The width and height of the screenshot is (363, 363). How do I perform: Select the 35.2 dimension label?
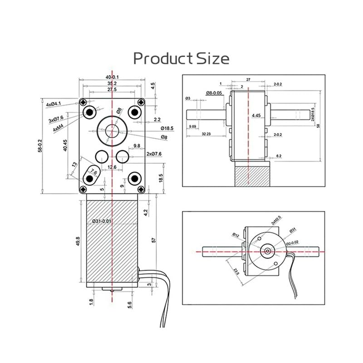click(x=111, y=83)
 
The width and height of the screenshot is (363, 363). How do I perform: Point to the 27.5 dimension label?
click(x=111, y=90)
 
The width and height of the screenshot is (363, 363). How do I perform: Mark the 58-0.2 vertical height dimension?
click(x=40, y=145)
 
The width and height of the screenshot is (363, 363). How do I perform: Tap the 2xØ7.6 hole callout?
click(x=157, y=153)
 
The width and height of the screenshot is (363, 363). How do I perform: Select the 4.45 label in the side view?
click(x=256, y=116)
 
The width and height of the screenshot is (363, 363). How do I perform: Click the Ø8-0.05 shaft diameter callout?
click(x=214, y=93)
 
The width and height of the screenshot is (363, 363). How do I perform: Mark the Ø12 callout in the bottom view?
click(x=236, y=235)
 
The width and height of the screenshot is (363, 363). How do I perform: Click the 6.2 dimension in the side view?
click(x=279, y=156)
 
